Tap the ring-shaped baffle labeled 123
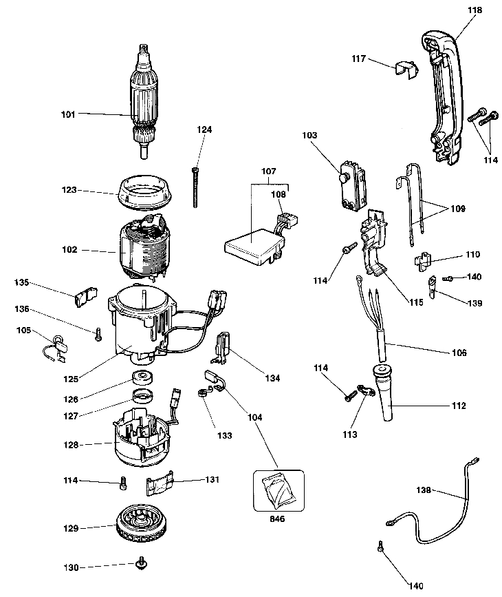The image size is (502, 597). tap(146, 191)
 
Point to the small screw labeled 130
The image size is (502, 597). tap(142, 565)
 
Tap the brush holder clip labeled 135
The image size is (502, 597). tap(83, 296)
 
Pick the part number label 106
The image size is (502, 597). tap(459, 353)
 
